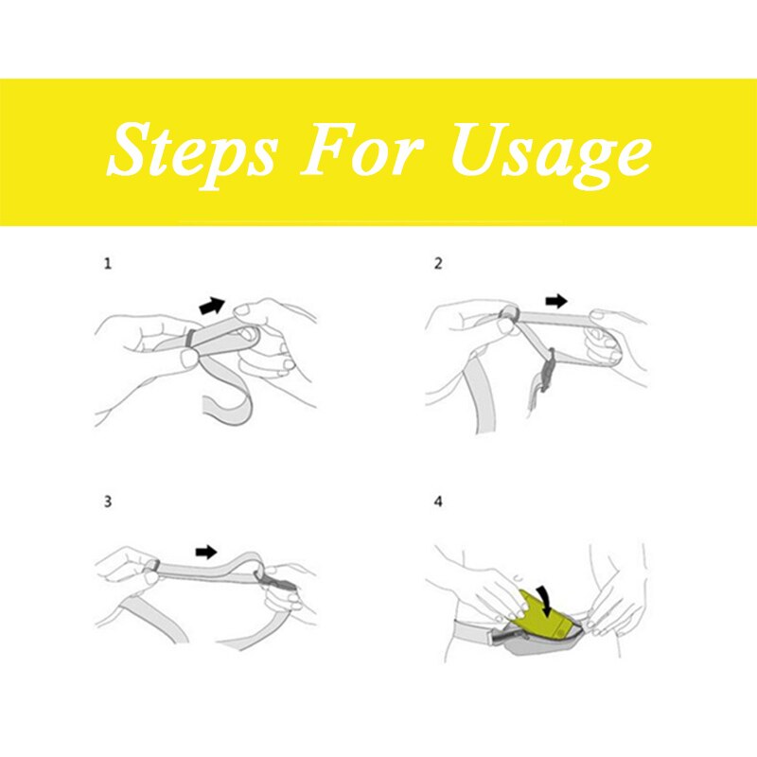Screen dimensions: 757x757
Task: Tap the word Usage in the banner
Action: [551, 151]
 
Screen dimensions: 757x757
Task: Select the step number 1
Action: [108, 264]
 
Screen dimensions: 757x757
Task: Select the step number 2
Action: [438, 264]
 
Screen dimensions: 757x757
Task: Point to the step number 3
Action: [108, 502]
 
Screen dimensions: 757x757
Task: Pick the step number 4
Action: [438, 502]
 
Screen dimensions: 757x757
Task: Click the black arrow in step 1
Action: [212, 306]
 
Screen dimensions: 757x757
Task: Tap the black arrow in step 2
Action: [556, 301]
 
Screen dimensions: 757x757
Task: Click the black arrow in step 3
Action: [206, 552]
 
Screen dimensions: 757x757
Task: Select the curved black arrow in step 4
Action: [546, 602]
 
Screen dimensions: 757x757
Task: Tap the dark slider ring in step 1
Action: [190, 338]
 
